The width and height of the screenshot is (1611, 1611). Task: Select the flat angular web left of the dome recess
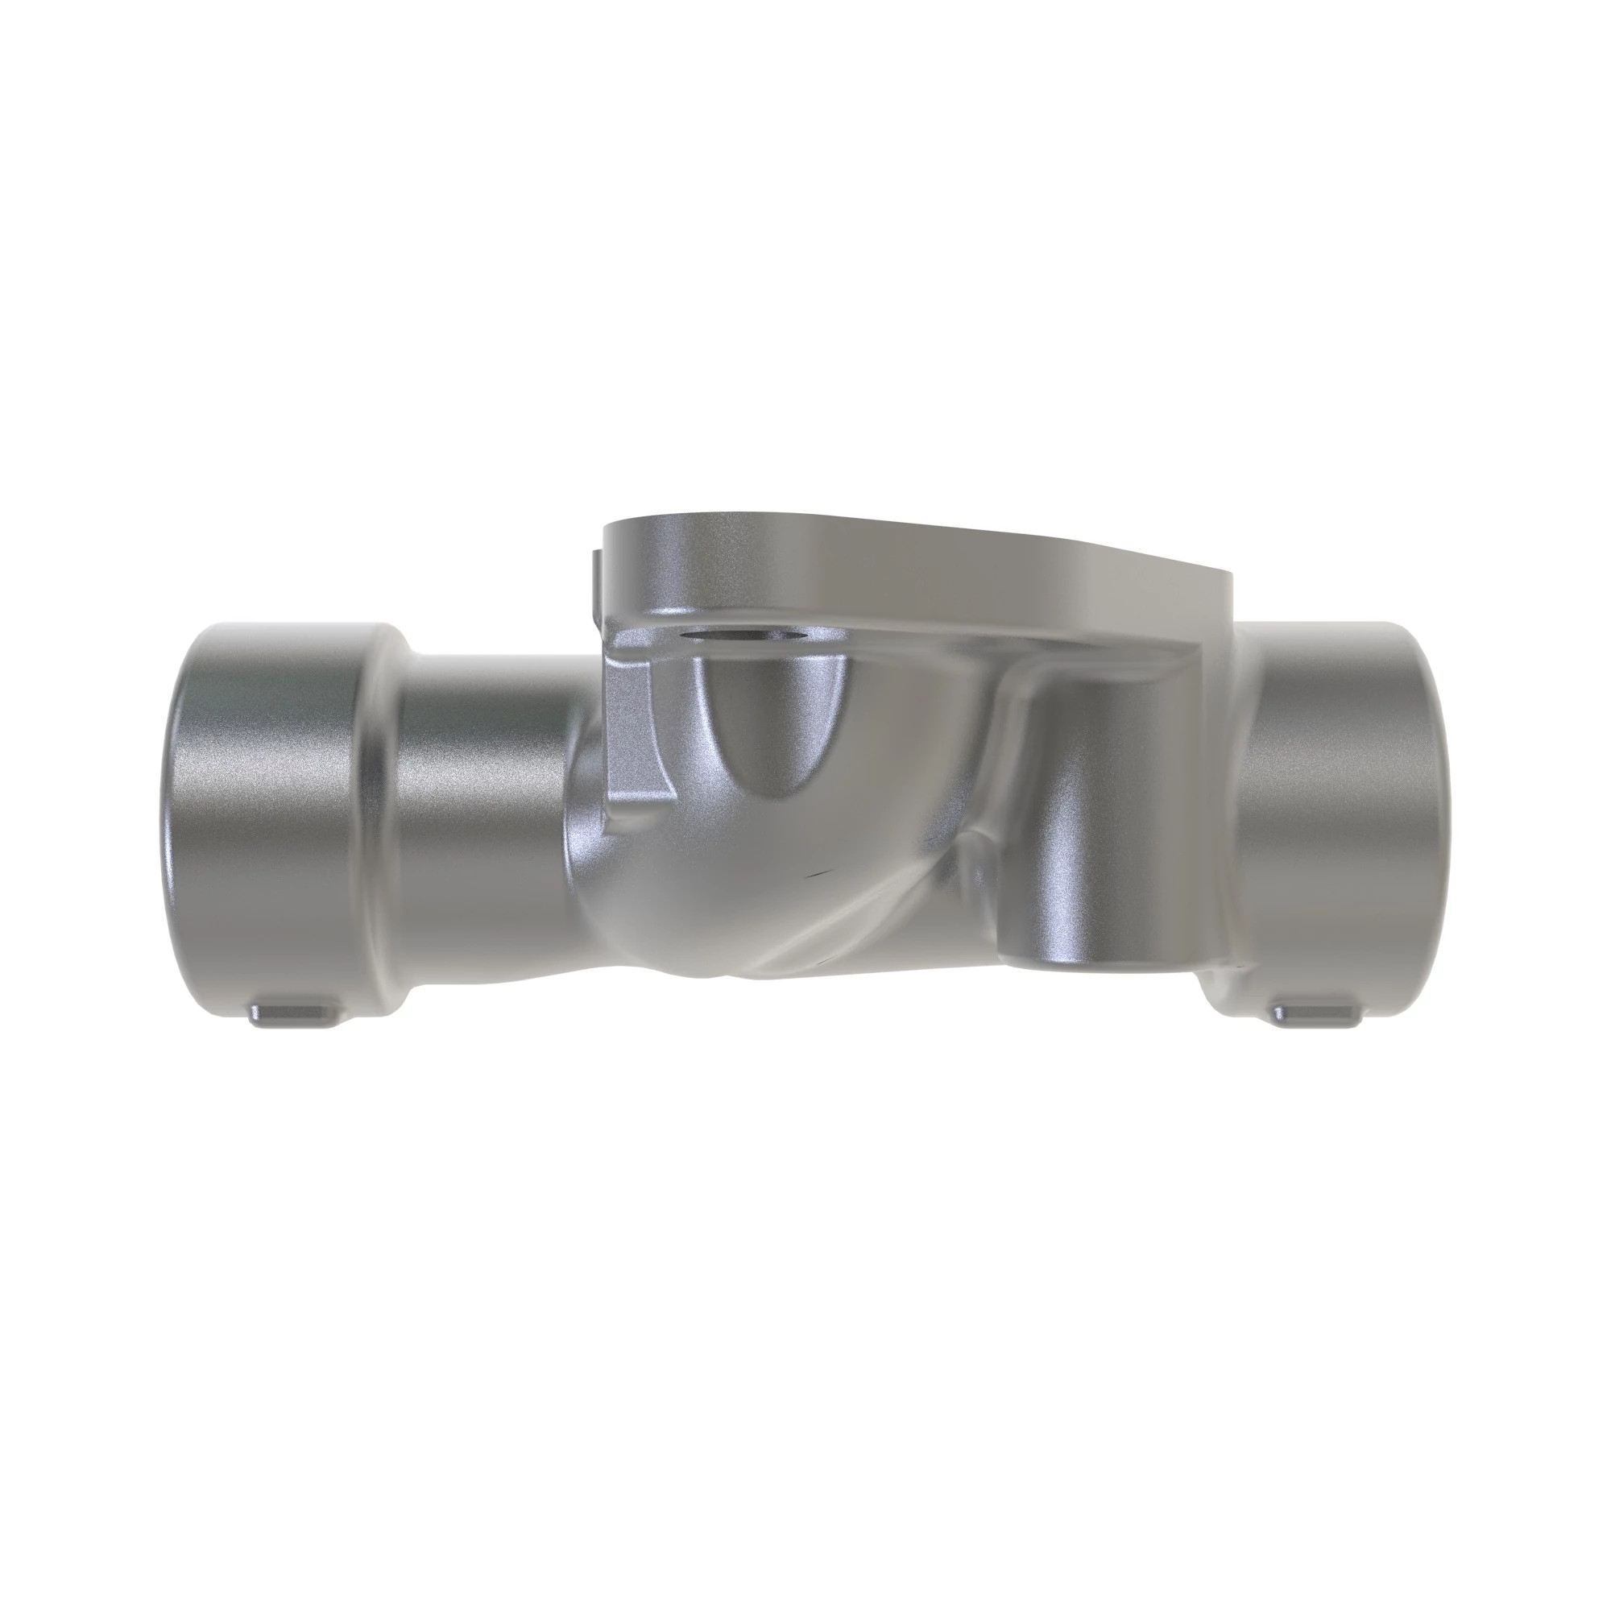tap(638, 734)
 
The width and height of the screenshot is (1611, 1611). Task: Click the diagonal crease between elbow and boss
tap(884, 901)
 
